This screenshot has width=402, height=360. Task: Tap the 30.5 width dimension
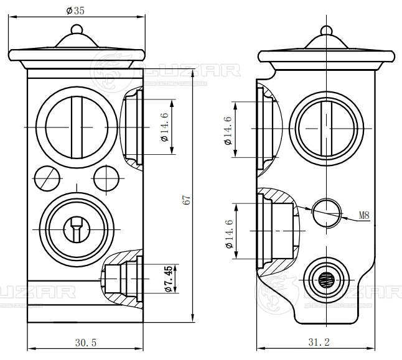(x=86, y=342)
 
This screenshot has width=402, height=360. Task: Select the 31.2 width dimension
(x=318, y=342)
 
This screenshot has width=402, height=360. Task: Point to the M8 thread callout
(x=365, y=216)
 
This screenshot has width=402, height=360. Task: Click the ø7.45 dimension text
(x=168, y=279)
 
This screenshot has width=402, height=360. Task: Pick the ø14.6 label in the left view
(x=164, y=126)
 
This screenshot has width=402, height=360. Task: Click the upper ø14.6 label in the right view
(x=228, y=130)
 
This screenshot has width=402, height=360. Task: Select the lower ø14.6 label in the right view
(x=228, y=234)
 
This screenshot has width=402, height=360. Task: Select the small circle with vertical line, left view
(x=106, y=179)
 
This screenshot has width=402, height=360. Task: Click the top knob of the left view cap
(x=77, y=29)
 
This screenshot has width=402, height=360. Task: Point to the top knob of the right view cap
(x=326, y=29)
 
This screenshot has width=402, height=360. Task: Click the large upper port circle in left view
(x=75, y=126)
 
